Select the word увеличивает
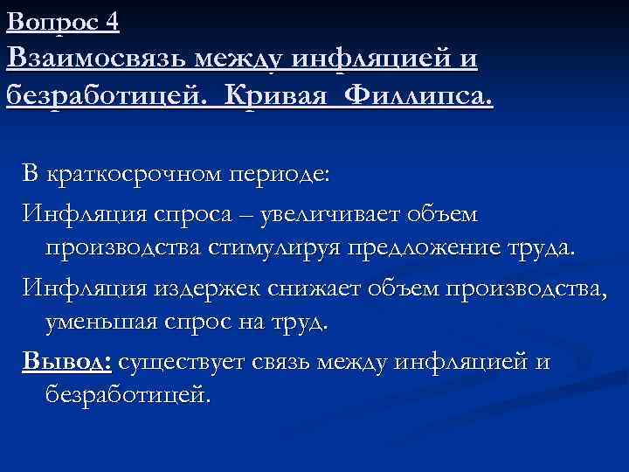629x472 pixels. coord(345,213)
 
